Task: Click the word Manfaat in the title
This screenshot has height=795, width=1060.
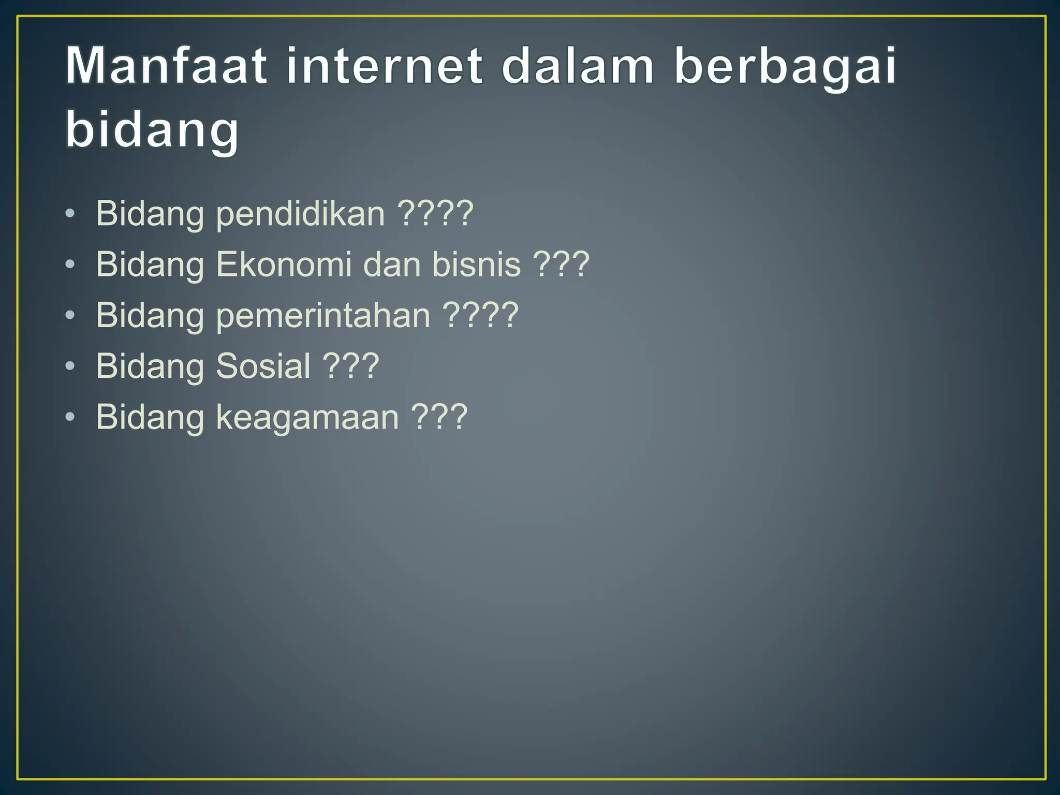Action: tap(166, 66)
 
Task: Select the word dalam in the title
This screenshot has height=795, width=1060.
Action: tap(578, 66)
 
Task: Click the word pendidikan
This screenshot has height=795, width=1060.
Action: tap(300, 213)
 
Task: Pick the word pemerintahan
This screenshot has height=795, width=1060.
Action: tap(323, 315)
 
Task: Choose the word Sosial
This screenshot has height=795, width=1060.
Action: tap(263, 365)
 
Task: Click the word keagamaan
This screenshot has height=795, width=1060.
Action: tap(307, 417)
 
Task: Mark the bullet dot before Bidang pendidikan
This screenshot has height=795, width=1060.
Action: tap(70, 214)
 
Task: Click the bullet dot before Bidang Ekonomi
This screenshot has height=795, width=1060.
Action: tap(70, 265)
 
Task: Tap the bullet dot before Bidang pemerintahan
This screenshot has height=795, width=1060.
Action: tap(70, 316)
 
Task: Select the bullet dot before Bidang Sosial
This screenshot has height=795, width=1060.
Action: tap(70, 366)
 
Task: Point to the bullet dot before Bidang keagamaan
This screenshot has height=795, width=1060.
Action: tap(70, 417)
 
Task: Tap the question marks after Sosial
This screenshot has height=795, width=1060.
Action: tap(351, 365)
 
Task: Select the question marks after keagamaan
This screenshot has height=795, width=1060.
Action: tap(439, 417)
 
